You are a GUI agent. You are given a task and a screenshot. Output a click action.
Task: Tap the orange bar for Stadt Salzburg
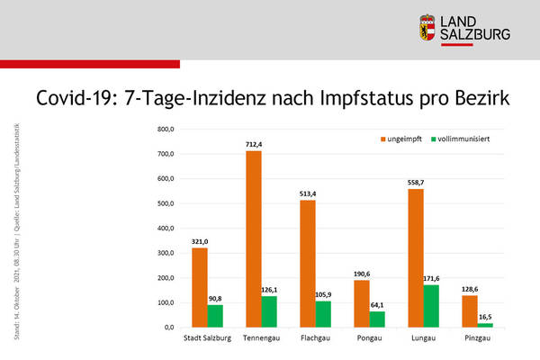coord(199,287)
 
